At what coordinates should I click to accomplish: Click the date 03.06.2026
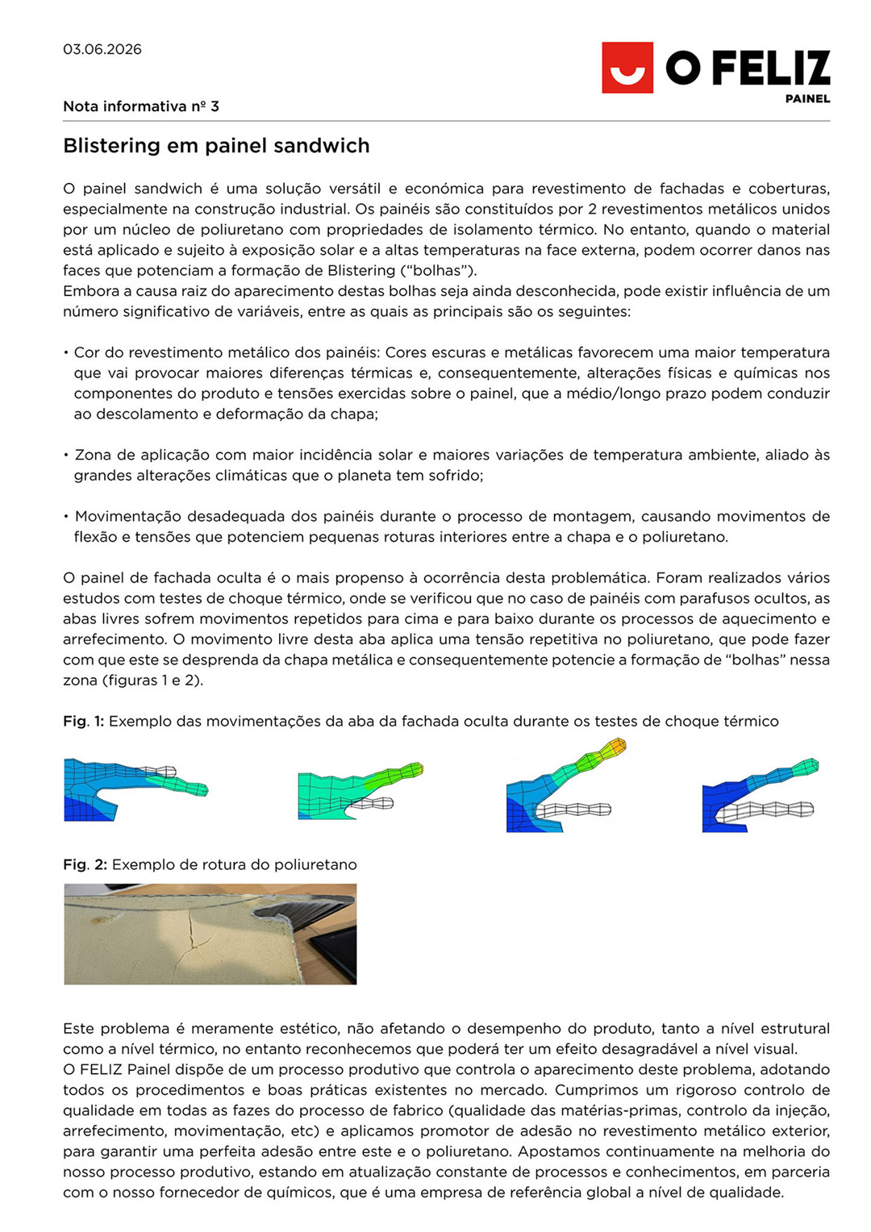click(x=102, y=49)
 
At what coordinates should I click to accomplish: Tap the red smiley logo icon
click(x=627, y=68)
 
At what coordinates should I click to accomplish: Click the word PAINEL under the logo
click(x=807, y=99)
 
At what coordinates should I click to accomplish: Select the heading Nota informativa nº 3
click(x=141, y=106)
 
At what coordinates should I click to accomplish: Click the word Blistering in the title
click(x=111, y=146)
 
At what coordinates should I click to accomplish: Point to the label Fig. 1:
click(x=83, y=721)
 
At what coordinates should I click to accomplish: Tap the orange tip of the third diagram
click(x=617, y=746)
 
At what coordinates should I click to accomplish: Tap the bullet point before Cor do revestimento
click(x=66, y=353)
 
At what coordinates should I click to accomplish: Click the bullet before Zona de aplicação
click(x=66, y=456)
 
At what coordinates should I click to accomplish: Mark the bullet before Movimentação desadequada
click(x=66, y=517)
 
